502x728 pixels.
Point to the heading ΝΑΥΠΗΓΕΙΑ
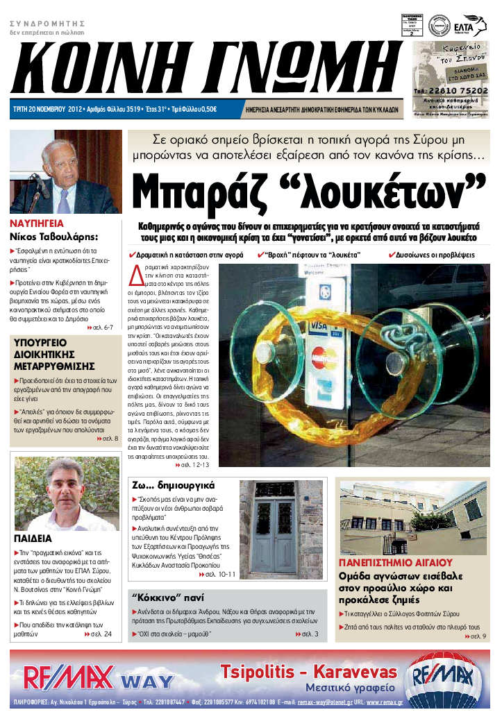36,224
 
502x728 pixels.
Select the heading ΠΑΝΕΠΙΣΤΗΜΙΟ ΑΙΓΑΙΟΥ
395,562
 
